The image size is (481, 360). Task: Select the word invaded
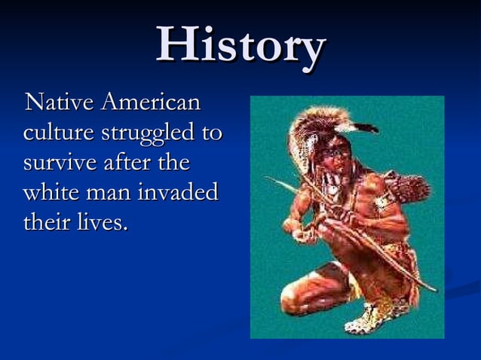tap(177, 192)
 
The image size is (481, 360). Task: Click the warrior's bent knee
tap(293, 290)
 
